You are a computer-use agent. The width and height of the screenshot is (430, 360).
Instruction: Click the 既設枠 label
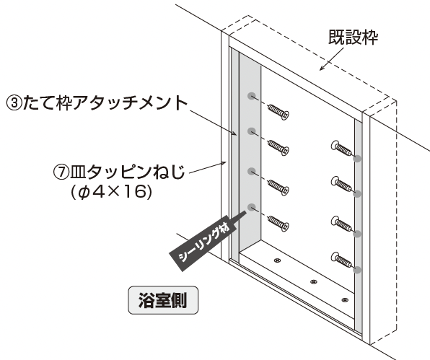(x=354, y=37)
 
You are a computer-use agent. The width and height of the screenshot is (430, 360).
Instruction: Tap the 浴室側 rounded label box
(x=163, y=300)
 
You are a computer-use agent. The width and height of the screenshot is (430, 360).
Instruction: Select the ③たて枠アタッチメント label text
(x=97, y=103)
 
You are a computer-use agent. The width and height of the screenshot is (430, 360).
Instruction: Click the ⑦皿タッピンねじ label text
(x=119, y=172)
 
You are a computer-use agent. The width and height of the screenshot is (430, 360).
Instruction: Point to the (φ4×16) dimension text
(x=111, y=192)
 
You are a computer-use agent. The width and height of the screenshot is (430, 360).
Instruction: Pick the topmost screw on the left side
(x=278, y=112)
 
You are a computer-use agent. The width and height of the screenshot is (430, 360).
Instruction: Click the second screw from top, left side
(x=278, y=148)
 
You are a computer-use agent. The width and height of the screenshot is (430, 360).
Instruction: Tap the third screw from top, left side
(x=278, y=188)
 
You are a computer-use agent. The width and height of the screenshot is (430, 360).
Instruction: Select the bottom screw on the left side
(x=278, y=224)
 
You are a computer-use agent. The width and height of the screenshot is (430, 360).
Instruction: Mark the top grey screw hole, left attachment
(x=252, y=96)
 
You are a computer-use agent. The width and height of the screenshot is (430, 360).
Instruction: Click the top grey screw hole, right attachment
(x=357, y=159)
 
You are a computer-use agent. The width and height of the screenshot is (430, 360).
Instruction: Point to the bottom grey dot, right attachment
(x=357, y=270)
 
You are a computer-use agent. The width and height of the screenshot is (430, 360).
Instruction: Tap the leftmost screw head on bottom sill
(x=278, y=260)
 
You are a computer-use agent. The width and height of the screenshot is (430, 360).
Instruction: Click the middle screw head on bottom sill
(x=313, y=281)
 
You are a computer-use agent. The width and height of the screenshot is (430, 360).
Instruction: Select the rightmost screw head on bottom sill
(x=344, y=300)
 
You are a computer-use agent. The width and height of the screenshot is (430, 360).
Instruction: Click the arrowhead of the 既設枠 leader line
(x=321, y=69)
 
